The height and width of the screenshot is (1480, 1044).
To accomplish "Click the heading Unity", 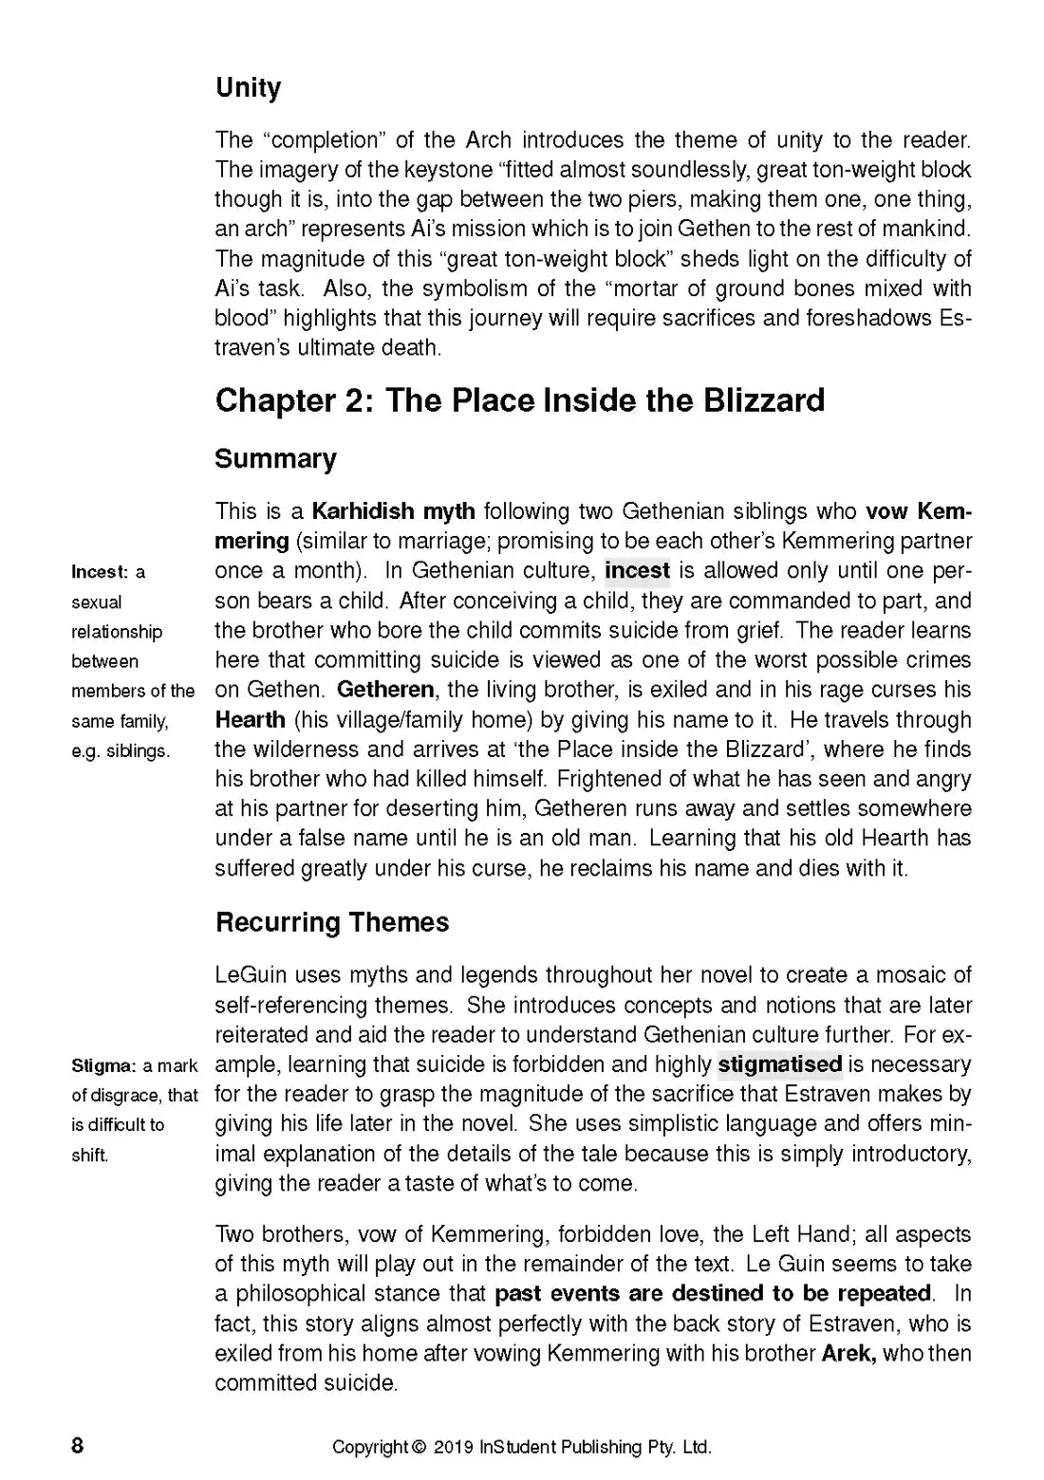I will coord(249,88).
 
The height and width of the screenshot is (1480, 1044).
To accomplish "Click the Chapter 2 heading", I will coord(519,400).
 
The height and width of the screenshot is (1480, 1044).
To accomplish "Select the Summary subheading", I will coord(275,459).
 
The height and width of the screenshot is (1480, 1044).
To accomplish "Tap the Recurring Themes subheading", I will coord(332,922).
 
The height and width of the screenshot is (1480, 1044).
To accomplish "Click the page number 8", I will coord(78,1446).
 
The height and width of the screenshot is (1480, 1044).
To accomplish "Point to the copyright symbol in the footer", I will coord(419,1448).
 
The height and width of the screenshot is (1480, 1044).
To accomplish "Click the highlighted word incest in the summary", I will coord(637,571).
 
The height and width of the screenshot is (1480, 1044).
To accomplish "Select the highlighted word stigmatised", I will coord(779,1064).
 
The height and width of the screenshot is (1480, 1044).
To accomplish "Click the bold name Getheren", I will coord(385,689).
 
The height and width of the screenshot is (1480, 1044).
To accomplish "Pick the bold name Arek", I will coord(848,1353).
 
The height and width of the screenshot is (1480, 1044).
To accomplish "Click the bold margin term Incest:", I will coord(100,572).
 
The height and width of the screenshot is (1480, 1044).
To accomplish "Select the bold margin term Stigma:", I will coord(104,1065).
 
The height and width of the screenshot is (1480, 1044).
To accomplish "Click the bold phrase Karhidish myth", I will coord(394,512).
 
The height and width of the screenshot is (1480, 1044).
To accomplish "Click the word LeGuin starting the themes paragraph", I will coord(252,975).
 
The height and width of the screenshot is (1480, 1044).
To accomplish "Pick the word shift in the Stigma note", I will coord(89,1156).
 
